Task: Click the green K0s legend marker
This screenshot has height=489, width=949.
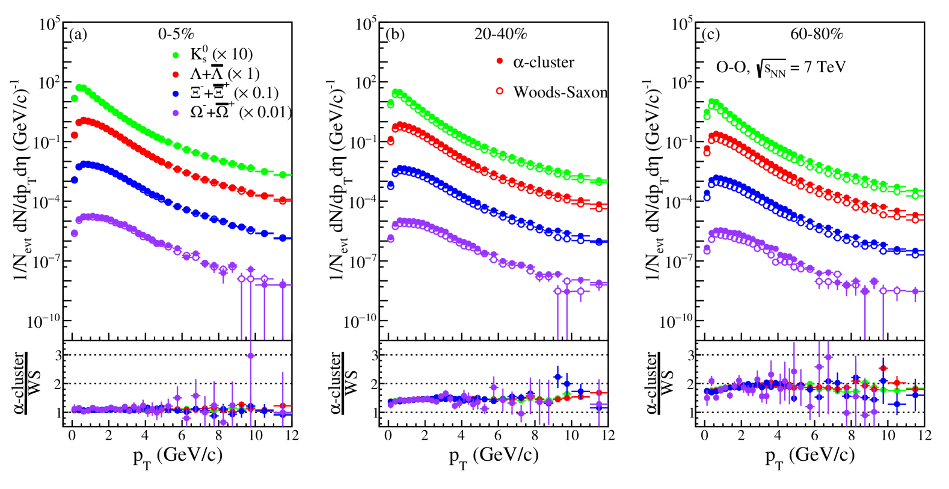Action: (x=176, y=55)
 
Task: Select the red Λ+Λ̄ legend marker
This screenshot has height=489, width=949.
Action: (x=176, y=74)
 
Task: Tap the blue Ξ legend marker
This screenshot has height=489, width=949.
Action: (x=176, y=93)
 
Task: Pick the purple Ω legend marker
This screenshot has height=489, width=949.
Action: (x=176, y=112)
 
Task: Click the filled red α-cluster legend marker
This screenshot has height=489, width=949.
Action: (x=499, y=62)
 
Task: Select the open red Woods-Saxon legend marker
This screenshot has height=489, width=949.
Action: (x=499, y=91)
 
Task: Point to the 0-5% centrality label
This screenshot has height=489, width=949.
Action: (x=176, y=34)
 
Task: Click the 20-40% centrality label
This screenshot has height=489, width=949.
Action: (x=500, y=34)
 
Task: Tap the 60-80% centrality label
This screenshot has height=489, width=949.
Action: (x=816, y=34)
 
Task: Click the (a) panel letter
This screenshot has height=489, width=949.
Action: (x=78, y=34)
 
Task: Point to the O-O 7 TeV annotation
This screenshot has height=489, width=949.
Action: (x=780, y=67)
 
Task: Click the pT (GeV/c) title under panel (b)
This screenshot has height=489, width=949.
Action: (x=494, y=455)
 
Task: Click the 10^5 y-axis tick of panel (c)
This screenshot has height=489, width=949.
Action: (x=683, y=25)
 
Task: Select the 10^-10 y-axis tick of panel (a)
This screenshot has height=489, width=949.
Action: (x=44, y=321)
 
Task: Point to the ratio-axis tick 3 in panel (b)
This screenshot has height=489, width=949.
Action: (x=375, y=355)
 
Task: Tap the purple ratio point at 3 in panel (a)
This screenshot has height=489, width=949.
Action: (x=251, y=355)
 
